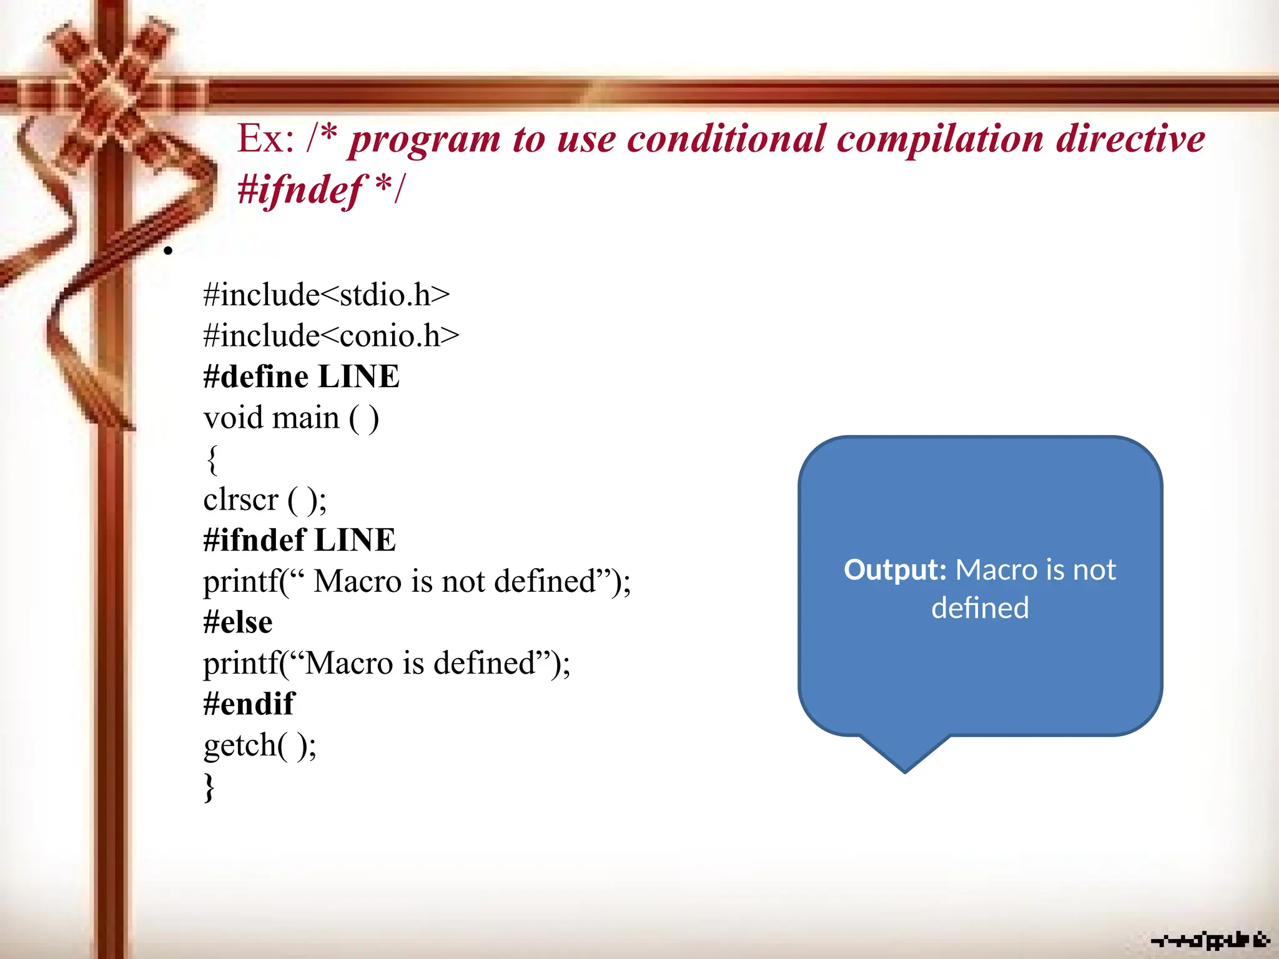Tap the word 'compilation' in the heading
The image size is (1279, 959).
click(x=940, y=139)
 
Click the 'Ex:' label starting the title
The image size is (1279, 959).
click(x=265, y=139)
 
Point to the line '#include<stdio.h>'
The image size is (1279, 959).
click(x=326, y=295)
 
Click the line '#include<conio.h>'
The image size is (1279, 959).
click(x=331, y=336)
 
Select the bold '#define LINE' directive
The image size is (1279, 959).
click(x=301, y=376)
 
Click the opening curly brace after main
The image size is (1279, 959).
click(x=212, y=460)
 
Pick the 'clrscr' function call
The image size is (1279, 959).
click(x=240, y=499)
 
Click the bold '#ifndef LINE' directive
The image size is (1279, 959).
click(x=299, y=540)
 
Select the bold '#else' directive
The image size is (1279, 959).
click(x=238, y=622)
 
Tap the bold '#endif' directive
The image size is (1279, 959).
click(x=249, y=704)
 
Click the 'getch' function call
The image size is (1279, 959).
click(x=240, y=745)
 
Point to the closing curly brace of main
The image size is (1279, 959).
click(x=210, y=787)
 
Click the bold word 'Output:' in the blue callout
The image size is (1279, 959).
click(x=895, y=570)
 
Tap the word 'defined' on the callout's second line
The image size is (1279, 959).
click(x=980, y=608)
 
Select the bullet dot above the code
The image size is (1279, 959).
click(x=167, y=251)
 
